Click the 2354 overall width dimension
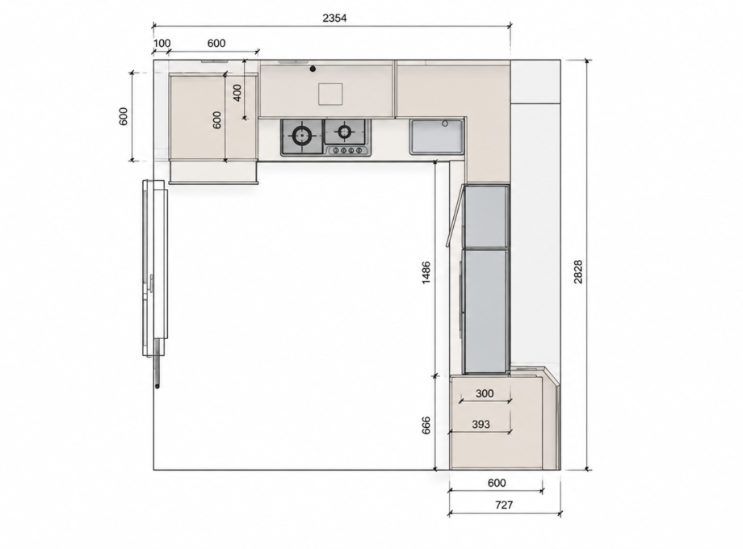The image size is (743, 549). click(334, 18)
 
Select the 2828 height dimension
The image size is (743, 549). click(578, 271)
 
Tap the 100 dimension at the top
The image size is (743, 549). click(162, 43)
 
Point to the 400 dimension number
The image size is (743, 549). click(237, 92)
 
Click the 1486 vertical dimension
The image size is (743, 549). click(426, 272)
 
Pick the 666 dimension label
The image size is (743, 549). click(426, 425)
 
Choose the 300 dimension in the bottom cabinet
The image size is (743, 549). click(485, 393)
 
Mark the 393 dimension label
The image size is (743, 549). click(481, 425)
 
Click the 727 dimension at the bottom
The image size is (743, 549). click(504, 505)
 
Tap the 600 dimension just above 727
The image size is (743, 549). click(497, 483)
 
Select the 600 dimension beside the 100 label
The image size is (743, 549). click(216, 43)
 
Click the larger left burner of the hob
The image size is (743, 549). click(301, 136)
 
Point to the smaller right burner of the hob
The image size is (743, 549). click(345, 131)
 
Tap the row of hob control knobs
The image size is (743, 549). click(348, 151)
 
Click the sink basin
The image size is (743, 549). click(436, 136)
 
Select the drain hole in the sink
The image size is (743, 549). click(445, 124)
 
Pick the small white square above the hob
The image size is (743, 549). click(330, 94)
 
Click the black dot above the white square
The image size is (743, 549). click(313, 69)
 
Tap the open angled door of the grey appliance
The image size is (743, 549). click(455, 216)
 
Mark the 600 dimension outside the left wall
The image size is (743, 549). click(124, 116)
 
